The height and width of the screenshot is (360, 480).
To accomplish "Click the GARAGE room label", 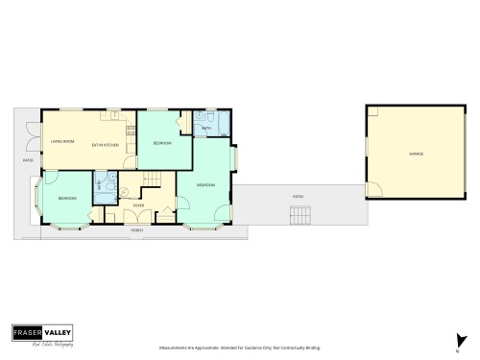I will click(416, 154).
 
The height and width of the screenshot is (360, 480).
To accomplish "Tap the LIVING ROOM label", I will click(62, 143).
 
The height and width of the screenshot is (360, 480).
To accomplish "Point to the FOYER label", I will click(138, 204).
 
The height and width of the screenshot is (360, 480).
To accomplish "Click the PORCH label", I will click(137, 230).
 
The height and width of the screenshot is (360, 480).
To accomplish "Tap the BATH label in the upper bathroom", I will click(206, 127).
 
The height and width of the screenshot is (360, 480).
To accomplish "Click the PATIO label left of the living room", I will click(28, 160).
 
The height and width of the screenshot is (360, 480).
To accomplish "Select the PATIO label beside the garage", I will click(298, 196).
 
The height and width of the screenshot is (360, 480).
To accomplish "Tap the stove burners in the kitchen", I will click(112, 116).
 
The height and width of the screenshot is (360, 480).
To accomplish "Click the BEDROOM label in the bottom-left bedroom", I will click(66, 199).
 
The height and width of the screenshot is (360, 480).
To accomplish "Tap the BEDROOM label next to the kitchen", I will click(162, 143).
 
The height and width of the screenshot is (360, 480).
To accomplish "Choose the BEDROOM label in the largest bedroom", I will click(205, 184).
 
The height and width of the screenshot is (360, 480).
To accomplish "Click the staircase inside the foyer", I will click(154, 179).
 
